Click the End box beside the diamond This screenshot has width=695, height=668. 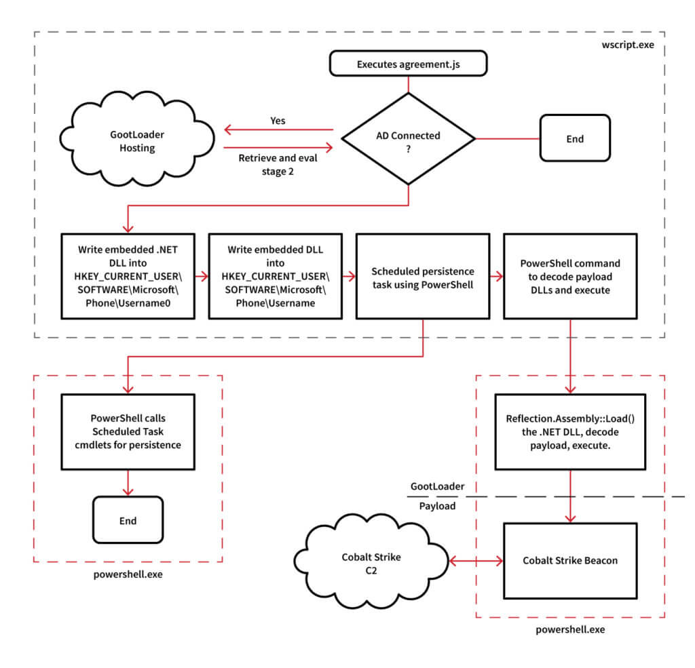pos(574,138)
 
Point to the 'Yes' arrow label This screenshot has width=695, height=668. pos(278,121)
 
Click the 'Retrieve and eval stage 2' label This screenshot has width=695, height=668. pos(277,164)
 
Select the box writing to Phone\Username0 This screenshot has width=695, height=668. pos(128,276)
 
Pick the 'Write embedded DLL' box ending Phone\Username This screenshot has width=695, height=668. pos(275,276)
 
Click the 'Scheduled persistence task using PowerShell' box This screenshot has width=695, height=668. pos(422,276)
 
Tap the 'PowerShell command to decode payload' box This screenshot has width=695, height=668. pos(569,276)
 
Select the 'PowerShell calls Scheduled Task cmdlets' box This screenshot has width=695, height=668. pos(128,430)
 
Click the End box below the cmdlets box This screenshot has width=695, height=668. pos(128,521)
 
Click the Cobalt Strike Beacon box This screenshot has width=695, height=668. pos(569,561)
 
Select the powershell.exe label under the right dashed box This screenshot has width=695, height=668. pos(569,630)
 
